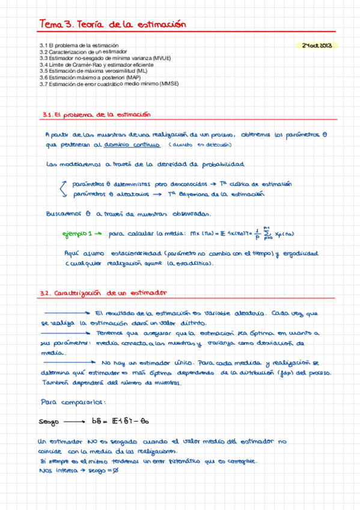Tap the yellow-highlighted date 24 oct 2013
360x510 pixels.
(317, 45)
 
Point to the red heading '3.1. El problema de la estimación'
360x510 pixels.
(96, 114)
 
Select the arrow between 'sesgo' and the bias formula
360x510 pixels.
(76, 421)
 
